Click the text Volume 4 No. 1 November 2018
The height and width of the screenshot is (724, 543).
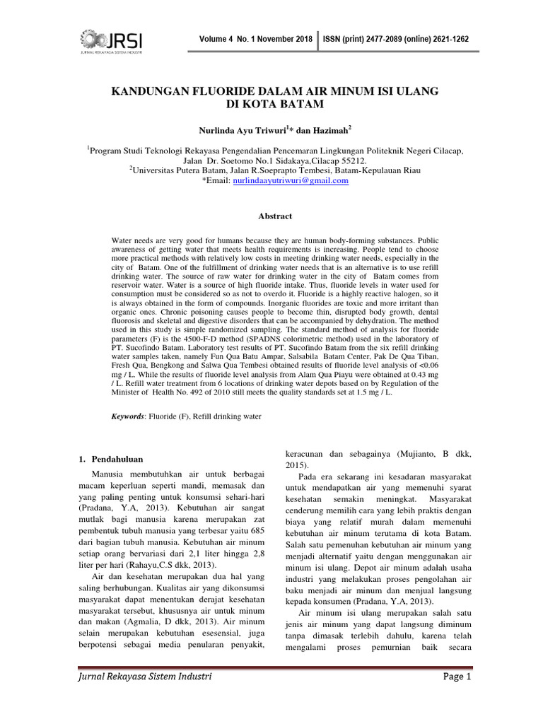click(x=257, y=40)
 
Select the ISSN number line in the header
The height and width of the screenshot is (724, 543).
click(x=395, y=40)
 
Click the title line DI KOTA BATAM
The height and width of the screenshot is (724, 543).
click(x=271, y=105)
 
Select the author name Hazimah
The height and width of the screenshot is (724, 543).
click(x=327, y=130)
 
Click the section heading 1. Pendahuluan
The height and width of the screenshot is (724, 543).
click(x=112, y=460)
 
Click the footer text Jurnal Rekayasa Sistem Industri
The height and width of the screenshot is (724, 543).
click(x=145, y=677)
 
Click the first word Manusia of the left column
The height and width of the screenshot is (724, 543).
click(x=111, y=472)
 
